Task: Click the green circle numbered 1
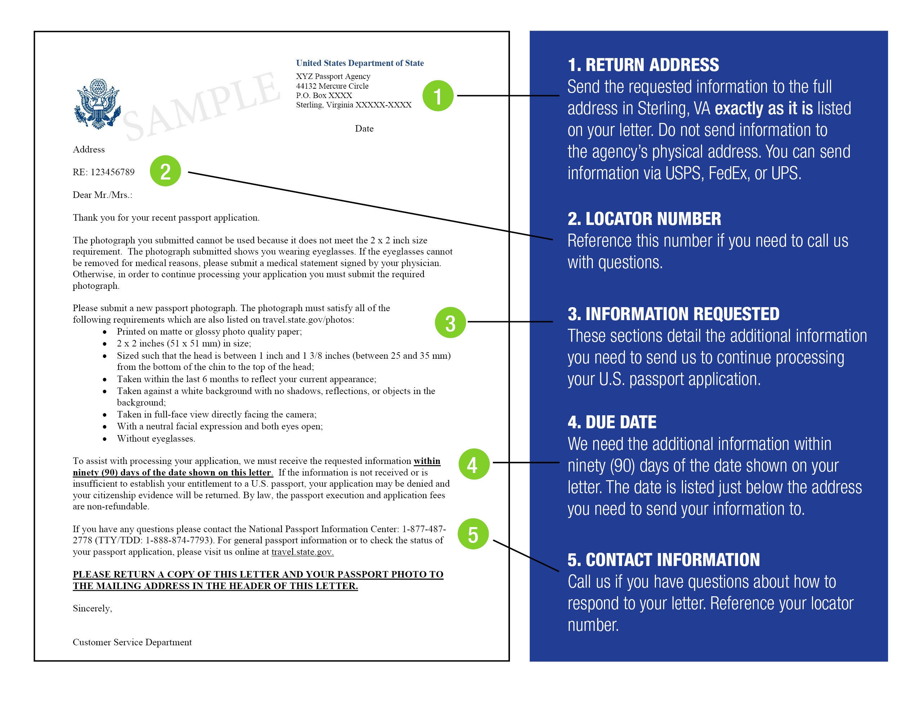click(438, 96)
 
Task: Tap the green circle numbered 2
click(165, 171)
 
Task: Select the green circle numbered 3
click(450, 323)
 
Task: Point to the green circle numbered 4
click(474, 464)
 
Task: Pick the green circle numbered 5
click(473, 534)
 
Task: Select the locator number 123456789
click(113, 172)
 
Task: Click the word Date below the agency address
click(364, 129)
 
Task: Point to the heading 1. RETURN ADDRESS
click(643, 65)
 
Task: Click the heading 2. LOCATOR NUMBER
click(644, 219)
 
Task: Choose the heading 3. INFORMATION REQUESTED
click(673, 314)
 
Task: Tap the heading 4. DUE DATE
click(612, 422)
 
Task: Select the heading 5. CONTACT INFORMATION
click(663, 560)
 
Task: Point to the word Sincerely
click(92, 608)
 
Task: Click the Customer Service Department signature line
click(132, 642)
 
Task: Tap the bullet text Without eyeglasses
click(156, 439)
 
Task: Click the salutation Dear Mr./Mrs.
click(103, 195)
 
